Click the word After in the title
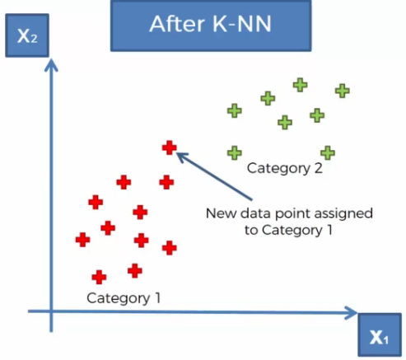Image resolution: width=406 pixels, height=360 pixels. click(177, 24)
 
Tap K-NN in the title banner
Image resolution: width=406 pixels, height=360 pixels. click(242, 24)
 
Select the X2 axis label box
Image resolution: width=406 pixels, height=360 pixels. click(27, 35)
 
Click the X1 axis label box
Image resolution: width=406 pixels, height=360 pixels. click(380, 335)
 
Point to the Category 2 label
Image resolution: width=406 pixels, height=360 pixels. click(285, 168)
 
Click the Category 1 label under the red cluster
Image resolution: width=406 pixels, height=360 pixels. click(124, 298)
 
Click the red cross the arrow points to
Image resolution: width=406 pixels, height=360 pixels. click(169, 147)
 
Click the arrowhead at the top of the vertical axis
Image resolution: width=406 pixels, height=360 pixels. click(51, 66)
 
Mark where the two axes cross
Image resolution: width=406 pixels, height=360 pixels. click(51, 311)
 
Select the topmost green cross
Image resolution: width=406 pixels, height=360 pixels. click(300, 85)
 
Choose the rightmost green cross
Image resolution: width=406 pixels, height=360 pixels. click(343, 91)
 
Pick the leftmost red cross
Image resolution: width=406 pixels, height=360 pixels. click(82, 240)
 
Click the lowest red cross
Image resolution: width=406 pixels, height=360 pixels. click(99, 277)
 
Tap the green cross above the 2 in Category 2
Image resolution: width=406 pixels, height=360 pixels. click(328, 152)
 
